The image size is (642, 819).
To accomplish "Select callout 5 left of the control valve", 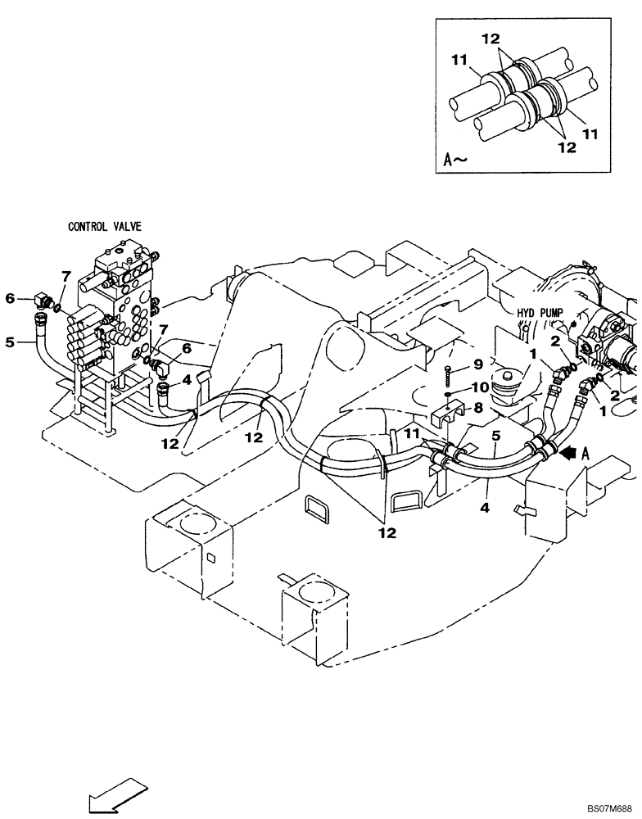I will tap(10, 342).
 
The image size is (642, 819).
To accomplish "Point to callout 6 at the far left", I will tap(10, 299).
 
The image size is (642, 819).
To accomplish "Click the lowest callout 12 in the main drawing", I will tap(387, 532).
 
